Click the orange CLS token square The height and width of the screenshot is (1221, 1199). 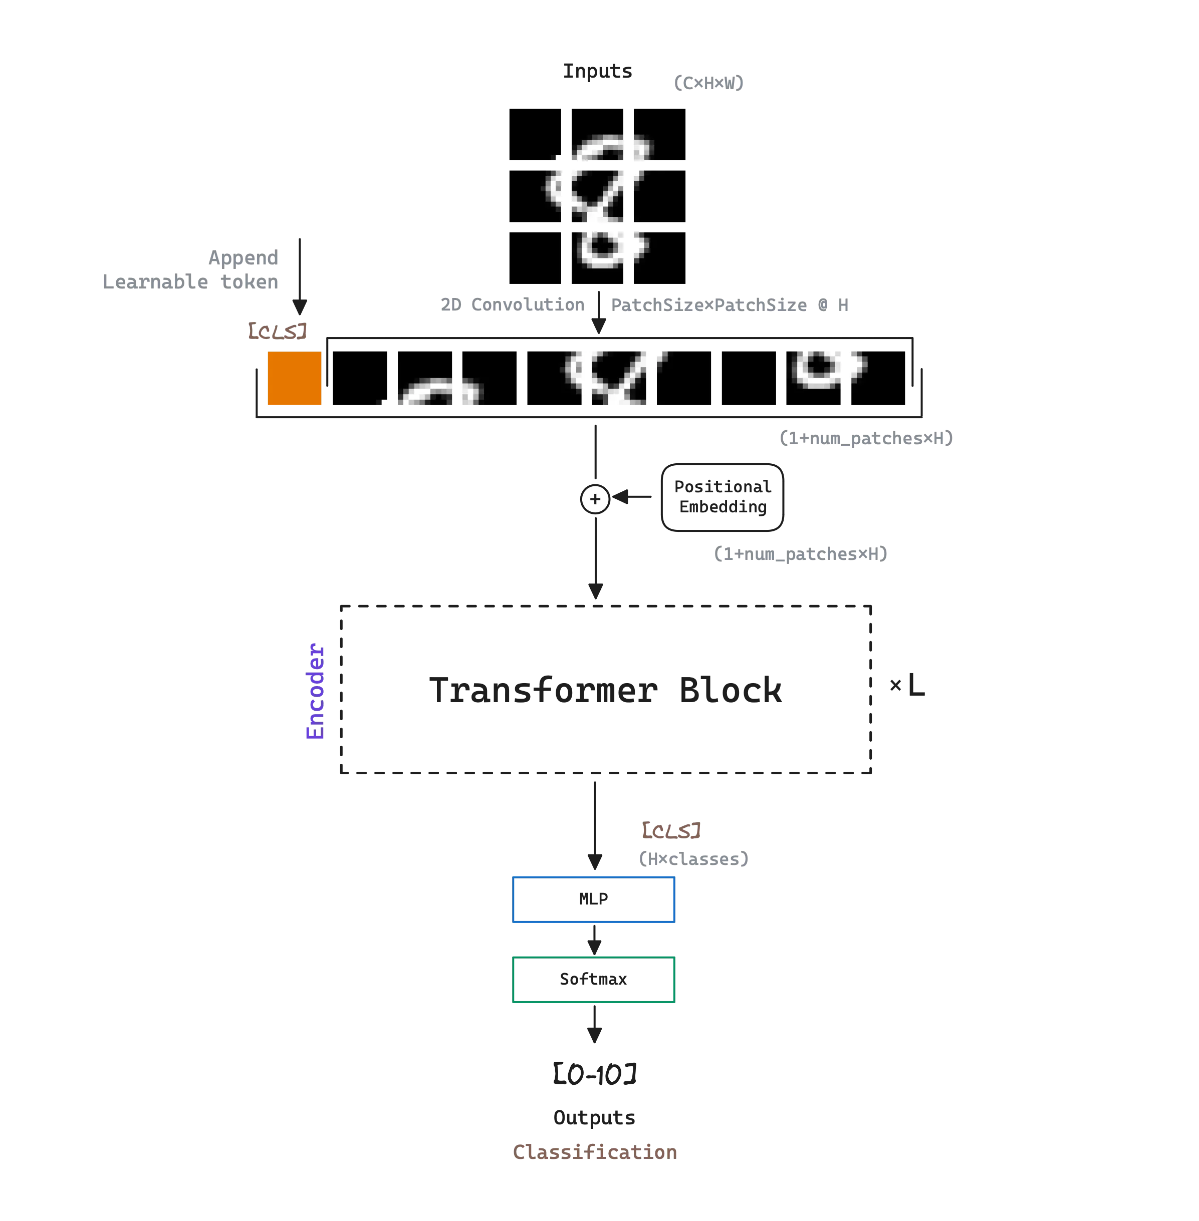pos(294,379)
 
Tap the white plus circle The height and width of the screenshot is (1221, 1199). pos(595,499)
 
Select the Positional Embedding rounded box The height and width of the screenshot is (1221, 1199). pos(721,497)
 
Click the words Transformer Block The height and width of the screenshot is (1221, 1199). pos(606,691)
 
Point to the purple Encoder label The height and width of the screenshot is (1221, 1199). pos(315,691)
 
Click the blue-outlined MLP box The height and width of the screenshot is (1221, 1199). pos(593,899)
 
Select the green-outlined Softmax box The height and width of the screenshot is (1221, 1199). pos(593,979)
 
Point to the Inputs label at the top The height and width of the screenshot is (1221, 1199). pos(597,71)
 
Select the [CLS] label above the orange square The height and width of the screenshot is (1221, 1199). pos(279,330)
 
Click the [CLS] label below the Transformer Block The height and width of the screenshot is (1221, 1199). pos(671,831)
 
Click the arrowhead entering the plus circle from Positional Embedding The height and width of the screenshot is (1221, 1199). pos(622,498)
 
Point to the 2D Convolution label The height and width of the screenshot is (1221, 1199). pos(512,306)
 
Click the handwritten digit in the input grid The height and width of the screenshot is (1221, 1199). pos(598,195)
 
